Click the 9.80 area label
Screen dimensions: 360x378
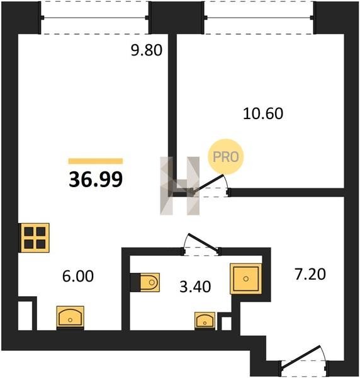click(x=147, y=50)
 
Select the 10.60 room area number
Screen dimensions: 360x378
click(x=263, y=113)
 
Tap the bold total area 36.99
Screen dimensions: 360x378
click(x=96, y=180)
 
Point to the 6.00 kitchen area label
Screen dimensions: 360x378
click(x=78, y=277)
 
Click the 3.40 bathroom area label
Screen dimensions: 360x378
click(x=195, y=287)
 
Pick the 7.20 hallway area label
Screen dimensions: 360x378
click(x=310, y=274)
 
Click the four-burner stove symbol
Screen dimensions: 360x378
click(x=35, y=238)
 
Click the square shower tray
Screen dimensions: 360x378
click(x=246, y=279)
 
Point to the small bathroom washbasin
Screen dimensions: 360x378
click(x=205, y=321)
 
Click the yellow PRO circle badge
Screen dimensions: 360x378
click(x=226, y=157)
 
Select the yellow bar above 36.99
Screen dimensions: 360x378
click(x=96, y=161)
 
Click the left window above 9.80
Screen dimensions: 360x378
click(x=95, y=18)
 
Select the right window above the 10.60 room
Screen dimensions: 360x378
click(x=259, y=18)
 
